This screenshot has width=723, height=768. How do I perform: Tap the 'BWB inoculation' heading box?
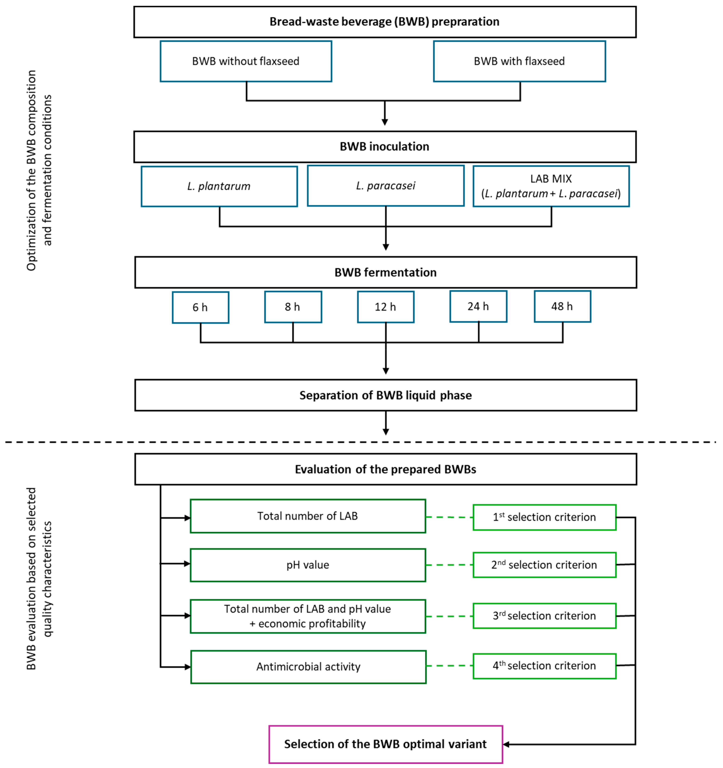coord(384,147)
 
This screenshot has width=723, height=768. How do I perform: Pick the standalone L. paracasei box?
coord(385,186)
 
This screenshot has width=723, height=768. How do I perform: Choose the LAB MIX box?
coord(551,186)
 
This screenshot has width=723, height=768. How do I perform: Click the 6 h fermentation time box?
coord(200,307)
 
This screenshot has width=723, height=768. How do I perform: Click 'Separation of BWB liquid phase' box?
coord(385,395)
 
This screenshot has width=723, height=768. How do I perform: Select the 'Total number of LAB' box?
coord(308,516)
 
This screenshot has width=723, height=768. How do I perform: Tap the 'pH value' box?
coord(308,565)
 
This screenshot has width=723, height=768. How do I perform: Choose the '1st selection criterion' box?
coord(544,517)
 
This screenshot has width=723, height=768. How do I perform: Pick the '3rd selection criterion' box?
coord(544,616)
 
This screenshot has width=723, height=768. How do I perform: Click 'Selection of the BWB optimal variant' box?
coord(385,744)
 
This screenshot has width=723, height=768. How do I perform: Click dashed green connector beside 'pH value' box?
coord(449,565)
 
